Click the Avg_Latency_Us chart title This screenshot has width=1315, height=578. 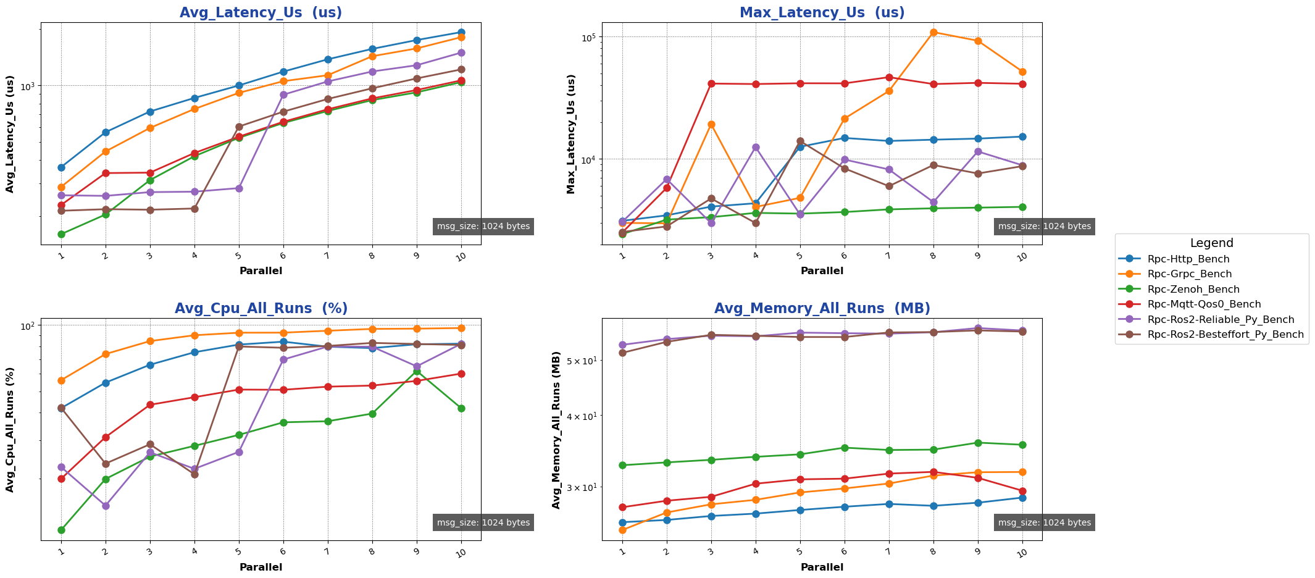261,13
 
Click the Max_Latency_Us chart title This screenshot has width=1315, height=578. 822,13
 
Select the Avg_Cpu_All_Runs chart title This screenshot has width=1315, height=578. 261,309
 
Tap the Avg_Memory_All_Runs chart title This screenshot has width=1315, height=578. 822,309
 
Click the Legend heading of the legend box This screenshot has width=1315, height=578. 1211,243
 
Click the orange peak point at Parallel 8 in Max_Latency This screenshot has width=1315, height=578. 933,32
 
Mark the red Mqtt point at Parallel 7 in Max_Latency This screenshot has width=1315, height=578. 889,77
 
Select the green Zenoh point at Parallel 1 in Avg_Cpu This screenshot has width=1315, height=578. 61,530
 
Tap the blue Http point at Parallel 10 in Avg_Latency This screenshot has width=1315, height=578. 461,32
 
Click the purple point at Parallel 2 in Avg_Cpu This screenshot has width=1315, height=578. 106,506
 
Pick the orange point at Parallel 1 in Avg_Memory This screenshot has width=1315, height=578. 622,530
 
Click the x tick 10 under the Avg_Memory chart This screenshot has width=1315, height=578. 1022,552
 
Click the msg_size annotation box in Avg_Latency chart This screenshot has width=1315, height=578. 483,227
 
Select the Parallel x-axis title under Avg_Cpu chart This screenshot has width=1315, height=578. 261,567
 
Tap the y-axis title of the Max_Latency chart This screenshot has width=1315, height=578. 571,134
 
